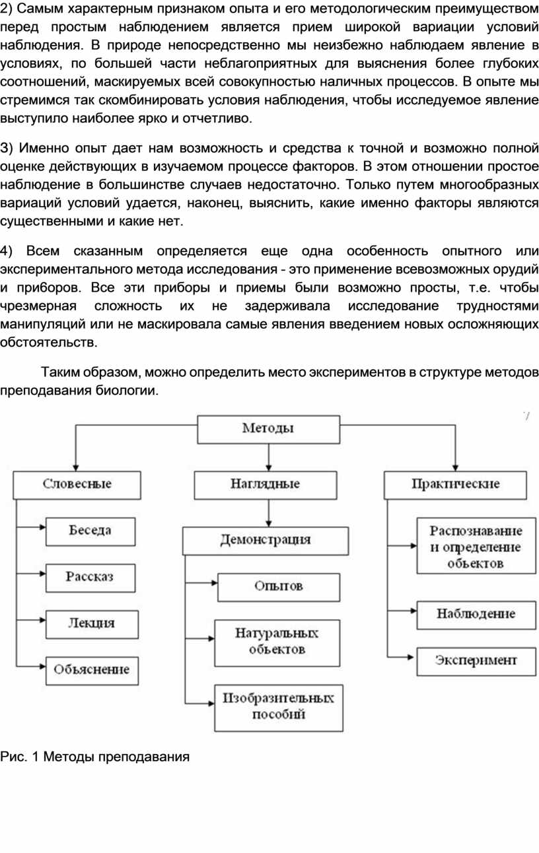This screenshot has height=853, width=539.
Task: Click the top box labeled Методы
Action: click(x=268, y=428)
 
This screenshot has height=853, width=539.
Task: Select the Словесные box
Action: click(x=77, y=484)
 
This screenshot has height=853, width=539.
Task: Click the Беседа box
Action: click(x=90, y=530)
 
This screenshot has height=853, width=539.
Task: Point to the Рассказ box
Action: click(x=90, y=576)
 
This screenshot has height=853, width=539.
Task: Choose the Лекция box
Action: click(x=92, y=623)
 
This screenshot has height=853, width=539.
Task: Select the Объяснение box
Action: click(x=92, y=670)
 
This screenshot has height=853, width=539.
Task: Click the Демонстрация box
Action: click(x=266, y=540)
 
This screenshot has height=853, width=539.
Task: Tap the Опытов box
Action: click(x=279, y=586)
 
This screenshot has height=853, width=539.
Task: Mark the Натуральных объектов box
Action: click(x=277, y=640)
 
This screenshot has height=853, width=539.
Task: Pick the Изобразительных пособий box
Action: click(x=279, y=706)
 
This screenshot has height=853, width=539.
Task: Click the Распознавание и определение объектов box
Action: click(x=476, y=547)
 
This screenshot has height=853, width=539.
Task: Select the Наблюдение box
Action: click(x=476, y=614)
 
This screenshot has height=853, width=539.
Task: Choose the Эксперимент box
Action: click(x=476, y=660)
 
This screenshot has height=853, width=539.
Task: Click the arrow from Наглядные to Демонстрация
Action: click(x=268, y=512)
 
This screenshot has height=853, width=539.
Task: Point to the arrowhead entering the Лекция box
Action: click(x=42, y=619)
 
